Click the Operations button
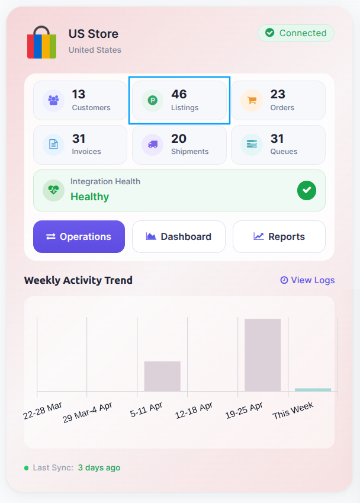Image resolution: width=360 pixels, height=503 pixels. tap(79, 237)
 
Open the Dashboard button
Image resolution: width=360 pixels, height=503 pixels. tap(179, 237)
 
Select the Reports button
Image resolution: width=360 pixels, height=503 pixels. tap(279, 237)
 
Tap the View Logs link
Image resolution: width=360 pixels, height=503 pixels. tap(307, 280)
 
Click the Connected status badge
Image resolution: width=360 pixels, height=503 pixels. tap(296, 33)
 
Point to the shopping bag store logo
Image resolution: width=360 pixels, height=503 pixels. tap(41, 42)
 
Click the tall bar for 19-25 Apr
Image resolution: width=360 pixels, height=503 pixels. tap(262, 355)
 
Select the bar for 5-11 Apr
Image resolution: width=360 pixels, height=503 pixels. tap(162, 376)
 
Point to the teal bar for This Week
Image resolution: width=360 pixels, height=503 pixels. tap(313, 390)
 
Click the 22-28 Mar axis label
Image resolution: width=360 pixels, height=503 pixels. tap(43, 411)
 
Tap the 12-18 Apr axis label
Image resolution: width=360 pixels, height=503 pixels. tap(194, 411)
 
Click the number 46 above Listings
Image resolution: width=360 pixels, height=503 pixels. tap(179, 94)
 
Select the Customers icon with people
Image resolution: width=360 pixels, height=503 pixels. tap(53, 100)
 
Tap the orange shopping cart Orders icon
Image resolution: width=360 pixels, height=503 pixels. tap(252, 100)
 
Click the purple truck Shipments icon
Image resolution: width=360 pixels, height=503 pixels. tap(153, 145)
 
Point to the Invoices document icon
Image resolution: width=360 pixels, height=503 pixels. tap(53, 145)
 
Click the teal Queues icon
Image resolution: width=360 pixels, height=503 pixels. tap(252, 145)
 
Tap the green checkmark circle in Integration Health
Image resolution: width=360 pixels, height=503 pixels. tap(307, 191)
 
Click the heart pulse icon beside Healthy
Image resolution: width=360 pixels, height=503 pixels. tap(53, 191)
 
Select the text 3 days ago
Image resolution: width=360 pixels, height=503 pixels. tap(99, 467)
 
